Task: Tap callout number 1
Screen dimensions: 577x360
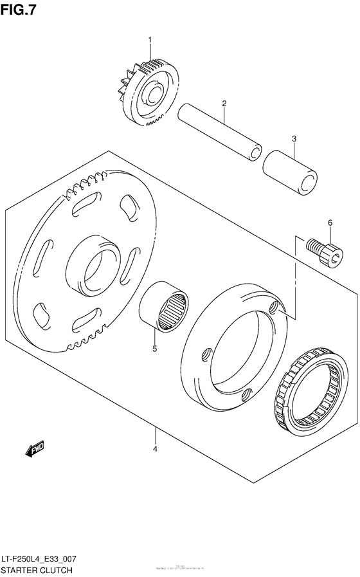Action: [x=150, y=40]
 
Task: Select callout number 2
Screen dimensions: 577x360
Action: [x=224, y=104]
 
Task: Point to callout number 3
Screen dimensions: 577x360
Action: [x=294, y=138]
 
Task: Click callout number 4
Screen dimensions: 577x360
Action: [x=155, y=449]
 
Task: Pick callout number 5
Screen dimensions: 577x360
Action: [x=154, y=349]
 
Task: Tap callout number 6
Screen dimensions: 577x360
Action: [x=330, y=223]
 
